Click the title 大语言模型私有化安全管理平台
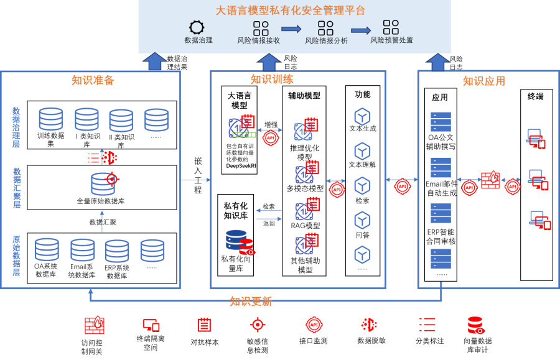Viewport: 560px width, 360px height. pos(291,11)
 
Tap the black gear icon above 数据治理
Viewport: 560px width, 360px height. pos(197,27)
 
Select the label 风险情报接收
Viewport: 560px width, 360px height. pos(258,40)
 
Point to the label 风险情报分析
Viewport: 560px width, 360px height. pos(326,41)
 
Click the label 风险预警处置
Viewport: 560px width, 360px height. pos(391,40)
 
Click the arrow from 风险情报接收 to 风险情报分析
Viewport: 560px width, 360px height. pos(291,29)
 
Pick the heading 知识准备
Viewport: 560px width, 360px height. pos(93,80)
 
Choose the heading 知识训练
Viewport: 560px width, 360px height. pos(272,79)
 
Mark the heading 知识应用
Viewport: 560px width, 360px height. pos(484,81)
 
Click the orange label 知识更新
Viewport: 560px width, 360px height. pos(251,302)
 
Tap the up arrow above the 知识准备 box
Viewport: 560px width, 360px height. pos(154,62)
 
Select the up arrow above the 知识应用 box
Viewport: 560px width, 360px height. pos(437,62)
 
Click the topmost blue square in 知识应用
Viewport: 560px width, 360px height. pos(441,122)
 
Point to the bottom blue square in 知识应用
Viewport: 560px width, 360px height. pos(441,259)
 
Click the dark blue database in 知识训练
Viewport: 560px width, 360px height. pos(236,240)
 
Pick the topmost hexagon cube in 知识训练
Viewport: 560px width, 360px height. pos(362,117)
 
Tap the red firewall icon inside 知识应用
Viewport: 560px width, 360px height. pos(490,180)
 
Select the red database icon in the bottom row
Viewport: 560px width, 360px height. pos(475,325)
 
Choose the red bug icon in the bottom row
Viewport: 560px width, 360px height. pos(369,325)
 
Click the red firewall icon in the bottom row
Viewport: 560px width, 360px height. pos(95,325)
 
